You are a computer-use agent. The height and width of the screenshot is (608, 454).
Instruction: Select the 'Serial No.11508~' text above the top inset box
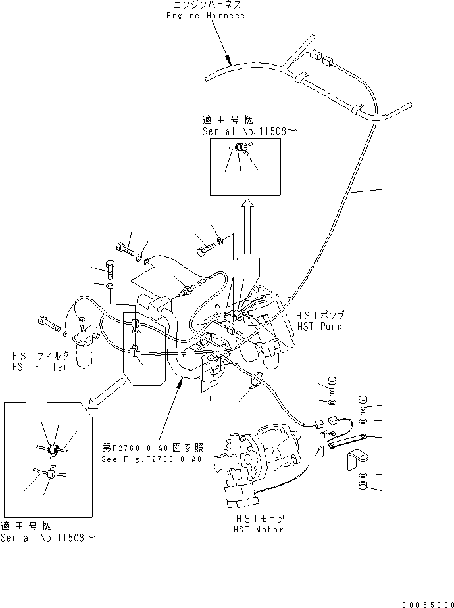[251, 131]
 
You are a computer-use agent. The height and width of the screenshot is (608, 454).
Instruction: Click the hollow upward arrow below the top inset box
[247, 226]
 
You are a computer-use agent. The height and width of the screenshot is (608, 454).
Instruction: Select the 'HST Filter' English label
[39, 367]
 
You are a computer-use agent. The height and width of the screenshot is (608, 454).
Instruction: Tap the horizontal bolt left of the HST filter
[50, 323]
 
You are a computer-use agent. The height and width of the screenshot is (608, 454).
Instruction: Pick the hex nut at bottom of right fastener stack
[363, 487]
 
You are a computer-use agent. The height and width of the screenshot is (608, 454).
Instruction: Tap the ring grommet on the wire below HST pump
[256, 376]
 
